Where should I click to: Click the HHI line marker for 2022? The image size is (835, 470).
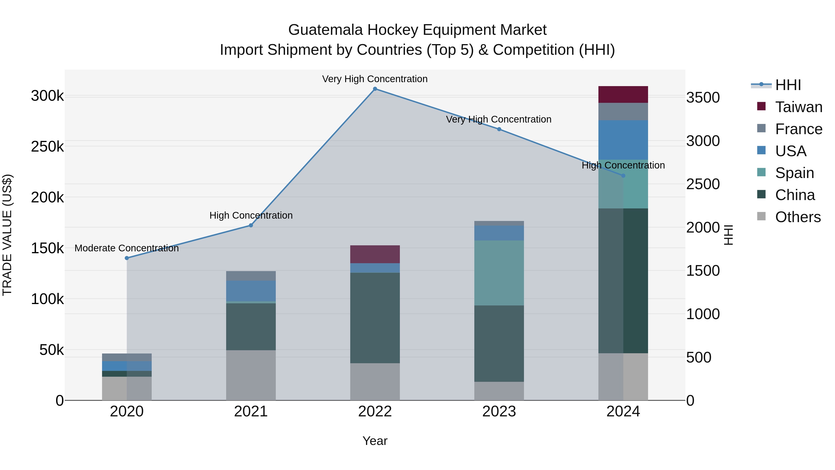[x=375, y=89]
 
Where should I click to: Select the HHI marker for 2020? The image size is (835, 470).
[x=127, y=258]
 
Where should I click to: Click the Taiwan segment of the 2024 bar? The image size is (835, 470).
[x=623, y=94]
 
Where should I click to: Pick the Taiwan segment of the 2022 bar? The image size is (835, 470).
[x=375, y=254]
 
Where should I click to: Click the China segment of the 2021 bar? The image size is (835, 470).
[x=251, y=327]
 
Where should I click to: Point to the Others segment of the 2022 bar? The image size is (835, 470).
[x=375, y=382]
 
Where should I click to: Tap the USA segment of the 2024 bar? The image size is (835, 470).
[x=623, y=140]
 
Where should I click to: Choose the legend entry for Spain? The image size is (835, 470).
[x=794, y=173]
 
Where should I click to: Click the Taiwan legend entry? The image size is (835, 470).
[x=798, y=107]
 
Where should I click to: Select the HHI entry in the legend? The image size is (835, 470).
[x=788, y=85]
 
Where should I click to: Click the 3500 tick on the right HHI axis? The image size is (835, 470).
[x=703, y=98]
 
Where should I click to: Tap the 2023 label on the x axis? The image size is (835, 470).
[x=499, y=412]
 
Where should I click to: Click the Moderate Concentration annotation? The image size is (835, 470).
[x=127, y=248]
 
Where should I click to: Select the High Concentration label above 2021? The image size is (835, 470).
[x=251, y=215]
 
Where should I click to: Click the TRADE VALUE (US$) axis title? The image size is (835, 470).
[x=7, y=235]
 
